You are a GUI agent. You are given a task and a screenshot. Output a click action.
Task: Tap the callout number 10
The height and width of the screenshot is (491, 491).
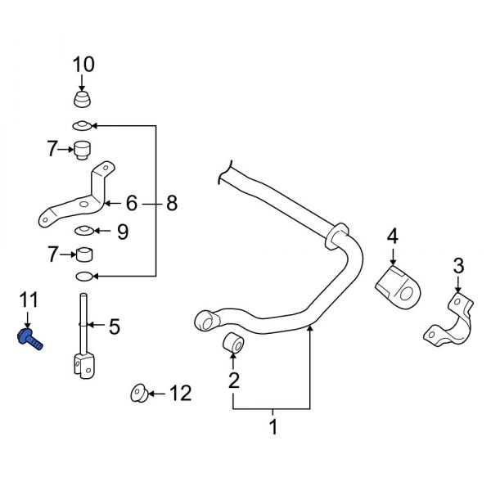coord(83,63)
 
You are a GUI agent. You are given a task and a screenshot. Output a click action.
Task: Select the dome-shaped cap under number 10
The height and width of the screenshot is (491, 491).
coord(83,101)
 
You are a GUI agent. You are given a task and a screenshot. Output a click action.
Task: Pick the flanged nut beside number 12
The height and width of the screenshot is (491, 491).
coord(139,394)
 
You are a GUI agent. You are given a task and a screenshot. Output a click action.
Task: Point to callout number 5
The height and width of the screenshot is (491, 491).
coord(114,328)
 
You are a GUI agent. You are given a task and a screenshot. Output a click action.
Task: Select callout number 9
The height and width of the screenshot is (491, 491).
coord(122,232)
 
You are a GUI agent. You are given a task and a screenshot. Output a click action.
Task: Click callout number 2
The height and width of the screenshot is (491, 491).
coord(234,380)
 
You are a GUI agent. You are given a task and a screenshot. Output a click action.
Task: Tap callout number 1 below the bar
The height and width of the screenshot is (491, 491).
coord(273,426)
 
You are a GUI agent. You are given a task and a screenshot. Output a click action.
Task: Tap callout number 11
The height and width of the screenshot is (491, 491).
coord(29,301)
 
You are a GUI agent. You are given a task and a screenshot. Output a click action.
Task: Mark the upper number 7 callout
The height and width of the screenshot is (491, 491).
coord(52,149)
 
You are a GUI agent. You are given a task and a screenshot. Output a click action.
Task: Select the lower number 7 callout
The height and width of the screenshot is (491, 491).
coord(52,255)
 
